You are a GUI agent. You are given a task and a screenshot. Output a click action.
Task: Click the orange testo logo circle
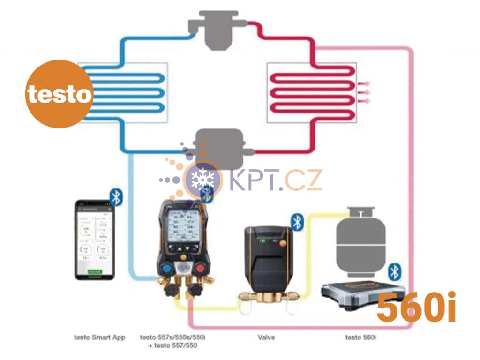pyautogui.click(x=58, y=94)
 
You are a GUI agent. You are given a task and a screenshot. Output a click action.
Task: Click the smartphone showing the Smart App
pyautogui.click(x=95, y=240)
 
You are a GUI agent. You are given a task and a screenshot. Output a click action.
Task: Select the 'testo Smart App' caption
pyautogui.click(x=100, y=337)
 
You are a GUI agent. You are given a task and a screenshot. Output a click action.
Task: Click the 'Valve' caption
pyautogui.click(x=266, y=337)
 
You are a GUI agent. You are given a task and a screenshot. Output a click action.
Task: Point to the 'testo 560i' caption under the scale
pyautogui.click(x=360, y=337)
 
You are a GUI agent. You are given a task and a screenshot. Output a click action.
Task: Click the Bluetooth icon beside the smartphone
pyautogui.click(x=116, y=197)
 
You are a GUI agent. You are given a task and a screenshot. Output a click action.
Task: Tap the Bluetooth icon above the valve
pyautogui.click(x=297, y=222)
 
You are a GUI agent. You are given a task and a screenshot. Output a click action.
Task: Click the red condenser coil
pyautogui.click(x=311, y=92)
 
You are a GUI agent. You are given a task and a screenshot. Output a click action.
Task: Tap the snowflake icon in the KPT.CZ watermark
pyautogui.click(x=202, y=179)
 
